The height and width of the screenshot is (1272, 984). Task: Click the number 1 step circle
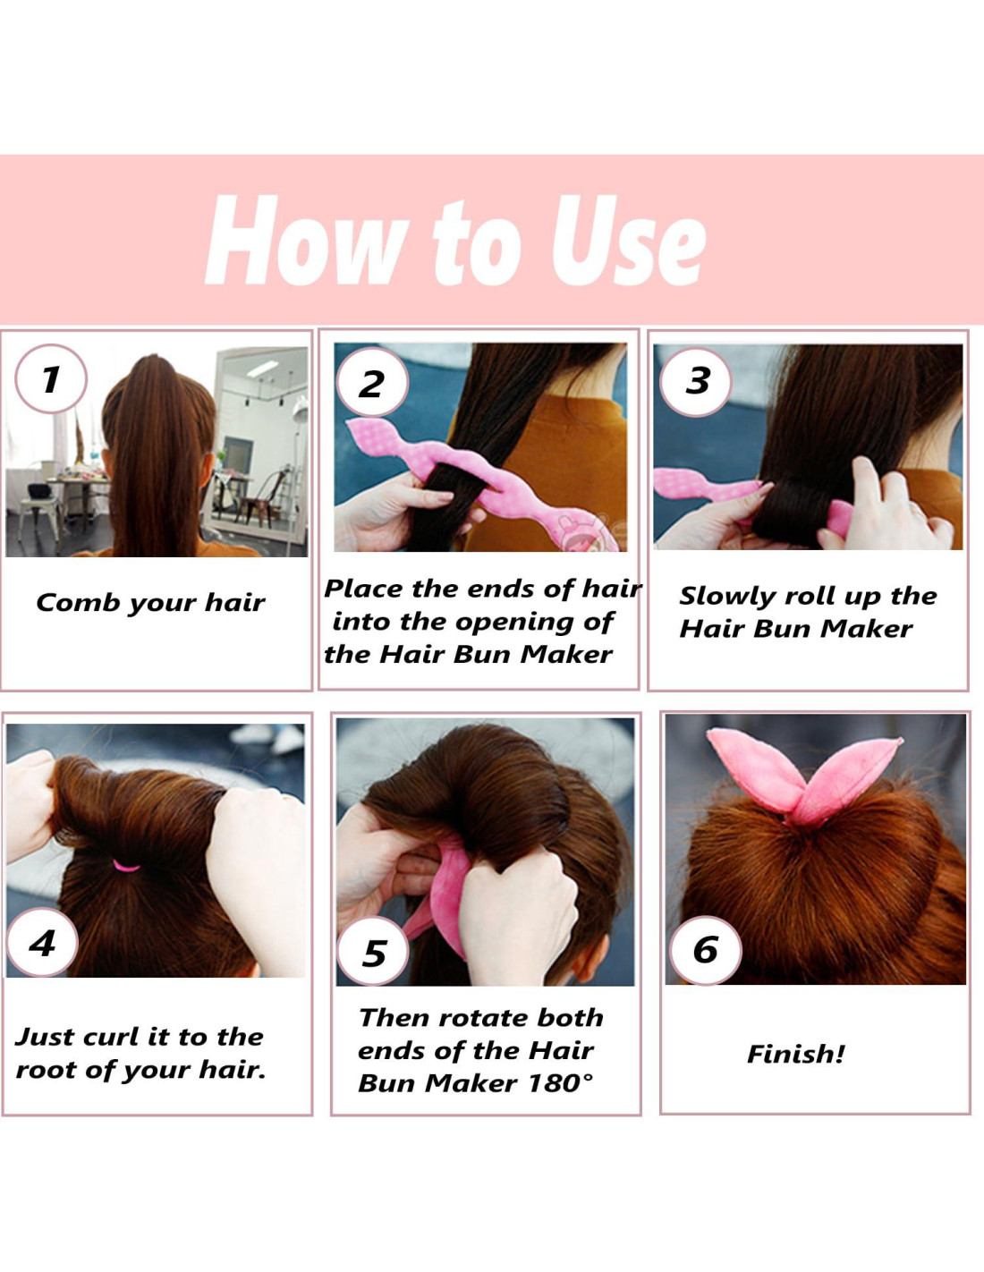click(x=50, y=379)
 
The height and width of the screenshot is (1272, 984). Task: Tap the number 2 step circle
click(x=372, y=382)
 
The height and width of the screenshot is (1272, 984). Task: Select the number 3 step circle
click(x=695, y=382)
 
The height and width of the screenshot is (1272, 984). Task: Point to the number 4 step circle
click(x=42, y=943)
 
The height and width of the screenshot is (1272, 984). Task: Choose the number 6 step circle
click(x=706, y=950)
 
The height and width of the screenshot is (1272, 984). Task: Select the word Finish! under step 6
click(x=796, y=1055)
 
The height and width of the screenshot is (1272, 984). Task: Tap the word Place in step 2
click(x=363, y=589)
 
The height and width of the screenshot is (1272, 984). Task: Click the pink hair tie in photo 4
click(x=126, y=866)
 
